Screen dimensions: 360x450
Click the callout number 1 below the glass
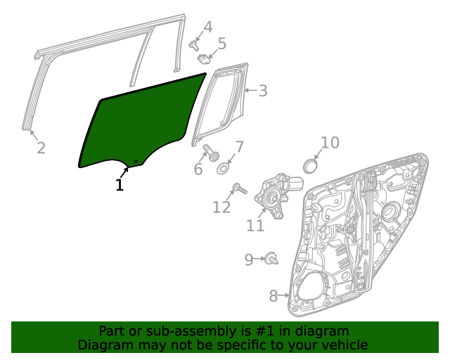click(x=120, y=185)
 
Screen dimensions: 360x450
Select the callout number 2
click(x=41, y=148)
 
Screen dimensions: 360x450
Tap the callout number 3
click(x=262, y=91)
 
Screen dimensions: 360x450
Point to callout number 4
click(x=207, y=27)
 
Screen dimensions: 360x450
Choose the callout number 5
click(x=221, y=44)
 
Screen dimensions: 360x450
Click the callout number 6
click(x=198, y=169)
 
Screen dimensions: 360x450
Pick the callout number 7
click(x=239, y=147)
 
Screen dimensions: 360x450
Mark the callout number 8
click(x=274, y=296)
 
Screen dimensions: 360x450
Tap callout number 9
click(x=249, y=260)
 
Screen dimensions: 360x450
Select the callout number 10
click(x=330, y=143)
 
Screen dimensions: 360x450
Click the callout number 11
click(x=255, y=225)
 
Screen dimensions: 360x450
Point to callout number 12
click(x=221, y=207)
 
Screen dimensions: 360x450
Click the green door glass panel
click(x=141, y=127)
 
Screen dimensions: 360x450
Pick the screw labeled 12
click(x=238, y=188)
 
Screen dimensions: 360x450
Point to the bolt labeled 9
click(x=271, y=259)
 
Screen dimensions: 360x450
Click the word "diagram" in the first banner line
click(x=321, y=331)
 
